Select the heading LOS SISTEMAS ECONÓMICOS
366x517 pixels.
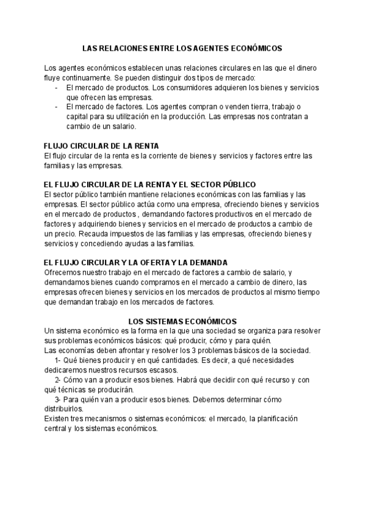182,321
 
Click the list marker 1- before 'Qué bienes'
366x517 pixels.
57,360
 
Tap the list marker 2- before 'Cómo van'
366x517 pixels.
57,380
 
